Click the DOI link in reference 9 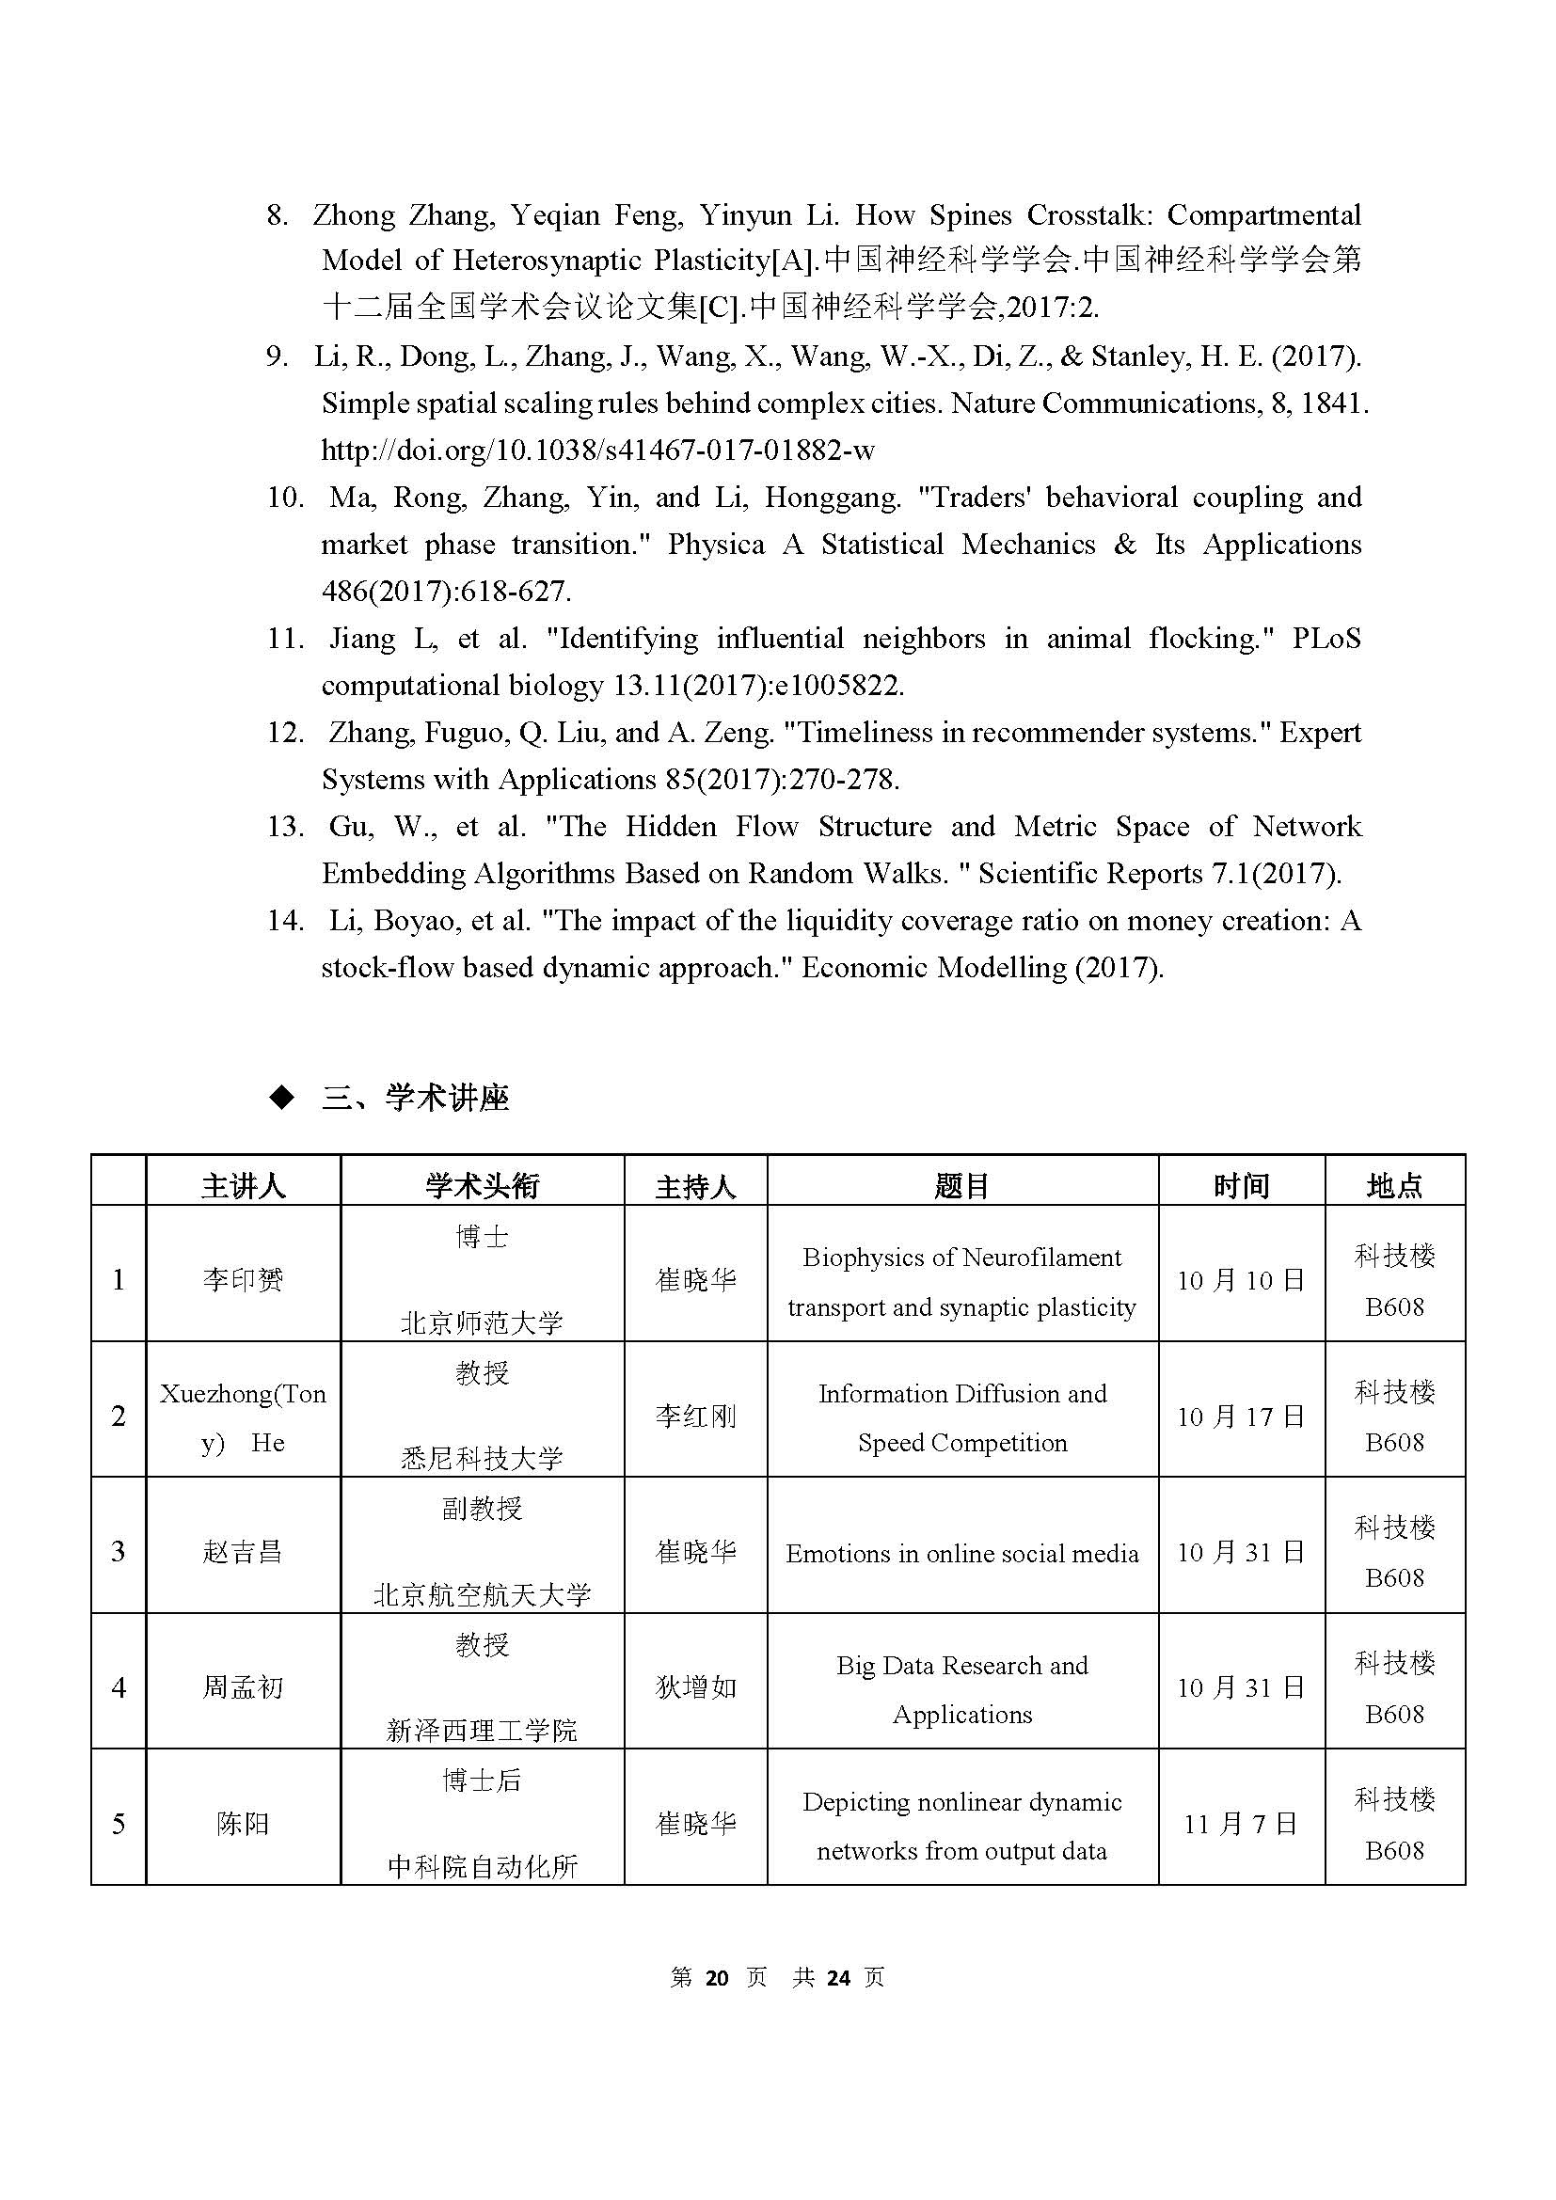598,451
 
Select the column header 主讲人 243,1186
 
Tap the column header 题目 962,1186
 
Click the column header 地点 1394,1186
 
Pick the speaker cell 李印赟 243,1280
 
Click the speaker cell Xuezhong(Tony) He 243,1418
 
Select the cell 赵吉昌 243,1552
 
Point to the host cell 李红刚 695,1417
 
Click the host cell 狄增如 695,1687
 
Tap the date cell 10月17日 1241,1417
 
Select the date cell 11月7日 1241,1824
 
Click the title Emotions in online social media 962,1553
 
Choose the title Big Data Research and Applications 962,1689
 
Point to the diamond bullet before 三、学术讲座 281,1098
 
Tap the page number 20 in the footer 717,1978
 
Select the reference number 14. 284,921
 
